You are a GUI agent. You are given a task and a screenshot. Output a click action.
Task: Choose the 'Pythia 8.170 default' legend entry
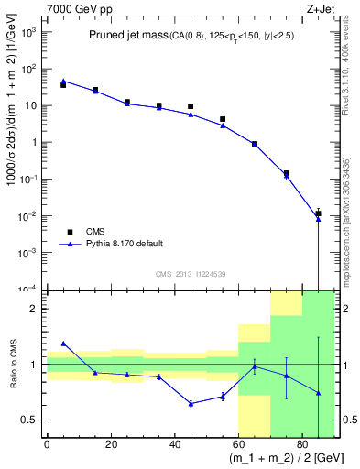coord(120,245)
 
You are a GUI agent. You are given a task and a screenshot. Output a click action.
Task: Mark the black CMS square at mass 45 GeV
coord(191,107)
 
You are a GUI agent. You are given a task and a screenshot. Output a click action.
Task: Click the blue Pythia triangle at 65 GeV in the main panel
coord(255,145)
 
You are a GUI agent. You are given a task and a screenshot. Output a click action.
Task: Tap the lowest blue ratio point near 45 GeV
coord(191,403)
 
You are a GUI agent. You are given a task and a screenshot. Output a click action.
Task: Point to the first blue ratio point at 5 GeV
coord(63,343)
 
